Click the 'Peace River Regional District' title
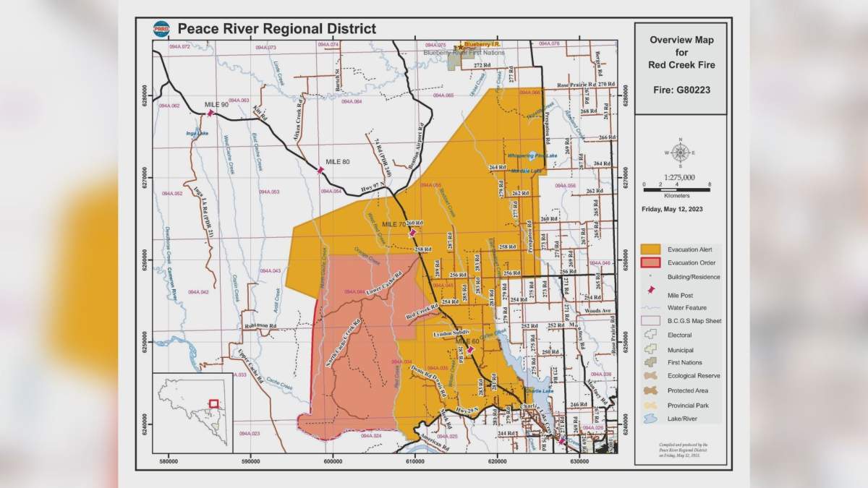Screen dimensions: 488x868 (277, 30)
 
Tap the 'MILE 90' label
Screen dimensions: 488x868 (216, 105)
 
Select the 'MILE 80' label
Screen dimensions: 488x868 (337, 161)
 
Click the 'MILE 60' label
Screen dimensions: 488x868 (467, 341)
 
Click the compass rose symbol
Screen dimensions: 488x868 (680, 153)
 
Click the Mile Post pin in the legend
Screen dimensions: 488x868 (652, 291)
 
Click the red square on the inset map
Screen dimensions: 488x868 (213, 403)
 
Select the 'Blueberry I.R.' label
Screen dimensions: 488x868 (482, 45)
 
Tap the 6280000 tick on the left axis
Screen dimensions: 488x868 (145, 95)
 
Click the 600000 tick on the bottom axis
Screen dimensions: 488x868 (333, 460)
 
